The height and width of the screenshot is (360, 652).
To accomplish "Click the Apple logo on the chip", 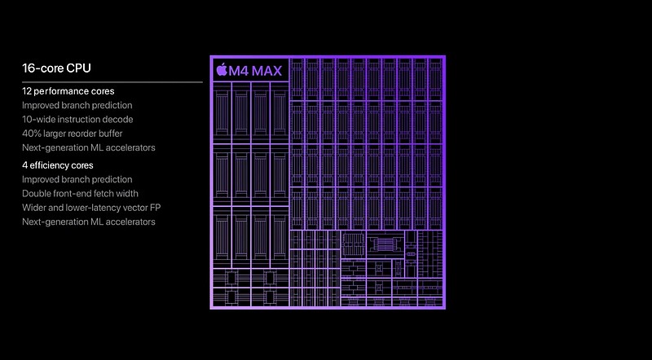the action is click(x=221, y=69).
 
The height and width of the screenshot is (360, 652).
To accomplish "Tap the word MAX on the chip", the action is click(x=267, y=71).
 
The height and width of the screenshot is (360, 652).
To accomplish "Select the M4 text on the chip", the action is click(x=239, y=71).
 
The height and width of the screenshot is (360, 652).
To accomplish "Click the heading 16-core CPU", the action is click(x=56, y=68).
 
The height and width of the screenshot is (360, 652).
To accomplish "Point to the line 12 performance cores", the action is click(x=68, y=91).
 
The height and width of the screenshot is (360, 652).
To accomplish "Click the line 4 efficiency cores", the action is click(x=58, y=165).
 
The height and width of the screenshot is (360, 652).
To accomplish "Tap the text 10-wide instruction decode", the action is click(x=77, y=120).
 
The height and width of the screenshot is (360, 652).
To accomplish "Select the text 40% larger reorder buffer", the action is click(x=73, y=134).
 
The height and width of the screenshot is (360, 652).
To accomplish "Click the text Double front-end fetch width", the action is click(x=80, y=194).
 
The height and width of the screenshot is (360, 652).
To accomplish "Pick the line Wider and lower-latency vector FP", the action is click(x=91, y=208).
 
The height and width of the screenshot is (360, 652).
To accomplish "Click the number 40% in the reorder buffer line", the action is click(x=31, y=134).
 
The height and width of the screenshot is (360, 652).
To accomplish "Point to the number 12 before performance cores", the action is click(x=27, y=91).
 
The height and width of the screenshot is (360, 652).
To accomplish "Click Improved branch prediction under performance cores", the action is click(x=77, y=106).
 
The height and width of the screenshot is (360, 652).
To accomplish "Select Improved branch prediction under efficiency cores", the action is click(x=77, y=179).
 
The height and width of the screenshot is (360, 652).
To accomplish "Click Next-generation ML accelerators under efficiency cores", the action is click(x=89, y=222).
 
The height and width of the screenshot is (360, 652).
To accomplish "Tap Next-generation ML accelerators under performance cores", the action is click(x=89, y=148).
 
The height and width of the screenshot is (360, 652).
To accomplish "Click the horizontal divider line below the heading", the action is click(x=112, y=82).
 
